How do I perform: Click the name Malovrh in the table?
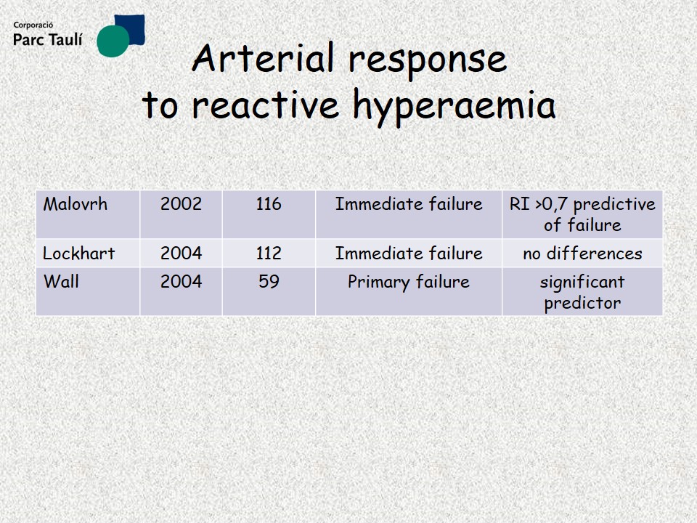coord(75,204)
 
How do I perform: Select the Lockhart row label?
coord(78,254)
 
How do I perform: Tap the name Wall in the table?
coord(61,282)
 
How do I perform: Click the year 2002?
coord(181,204)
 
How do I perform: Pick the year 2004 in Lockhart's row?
coord(181,254)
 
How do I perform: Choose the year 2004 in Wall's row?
coord(181,282)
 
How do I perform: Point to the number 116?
coord(269,204)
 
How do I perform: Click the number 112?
coord(269,254)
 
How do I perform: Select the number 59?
coord(269,282)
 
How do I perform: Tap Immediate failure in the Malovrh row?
coord(409,204)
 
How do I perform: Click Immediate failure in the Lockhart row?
coord(409,254)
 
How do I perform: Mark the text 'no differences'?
coord(582,254)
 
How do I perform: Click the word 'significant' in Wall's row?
coord(582,282)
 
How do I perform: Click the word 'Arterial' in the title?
coord(263,58)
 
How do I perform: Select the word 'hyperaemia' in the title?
coord(455,106)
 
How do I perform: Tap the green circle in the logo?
coord(113,41)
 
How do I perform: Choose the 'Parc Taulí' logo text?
coord(48,39)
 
